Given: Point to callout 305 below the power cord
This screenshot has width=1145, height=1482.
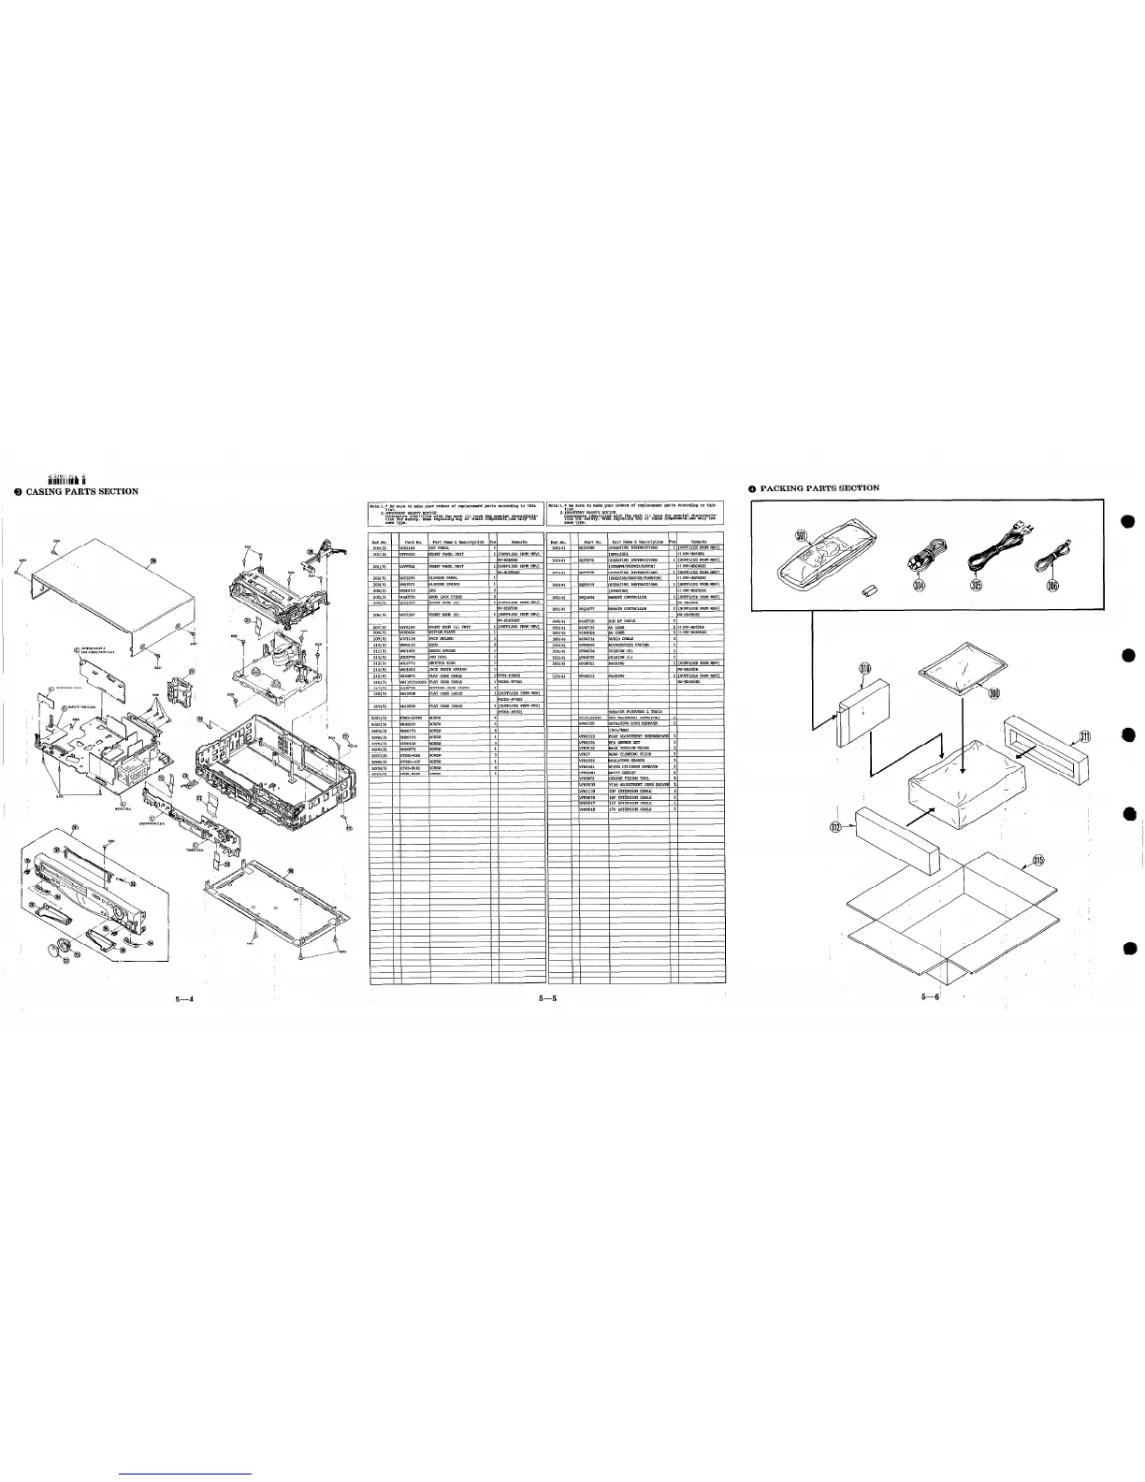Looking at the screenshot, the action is click(x=976, y=586).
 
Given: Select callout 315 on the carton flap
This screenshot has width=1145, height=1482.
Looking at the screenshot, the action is click(x=1038, y=861).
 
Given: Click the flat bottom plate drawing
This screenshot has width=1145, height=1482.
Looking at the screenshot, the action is click(x=271, y=893).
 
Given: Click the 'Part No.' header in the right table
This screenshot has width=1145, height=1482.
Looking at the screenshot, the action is click(x=591, y=542).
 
